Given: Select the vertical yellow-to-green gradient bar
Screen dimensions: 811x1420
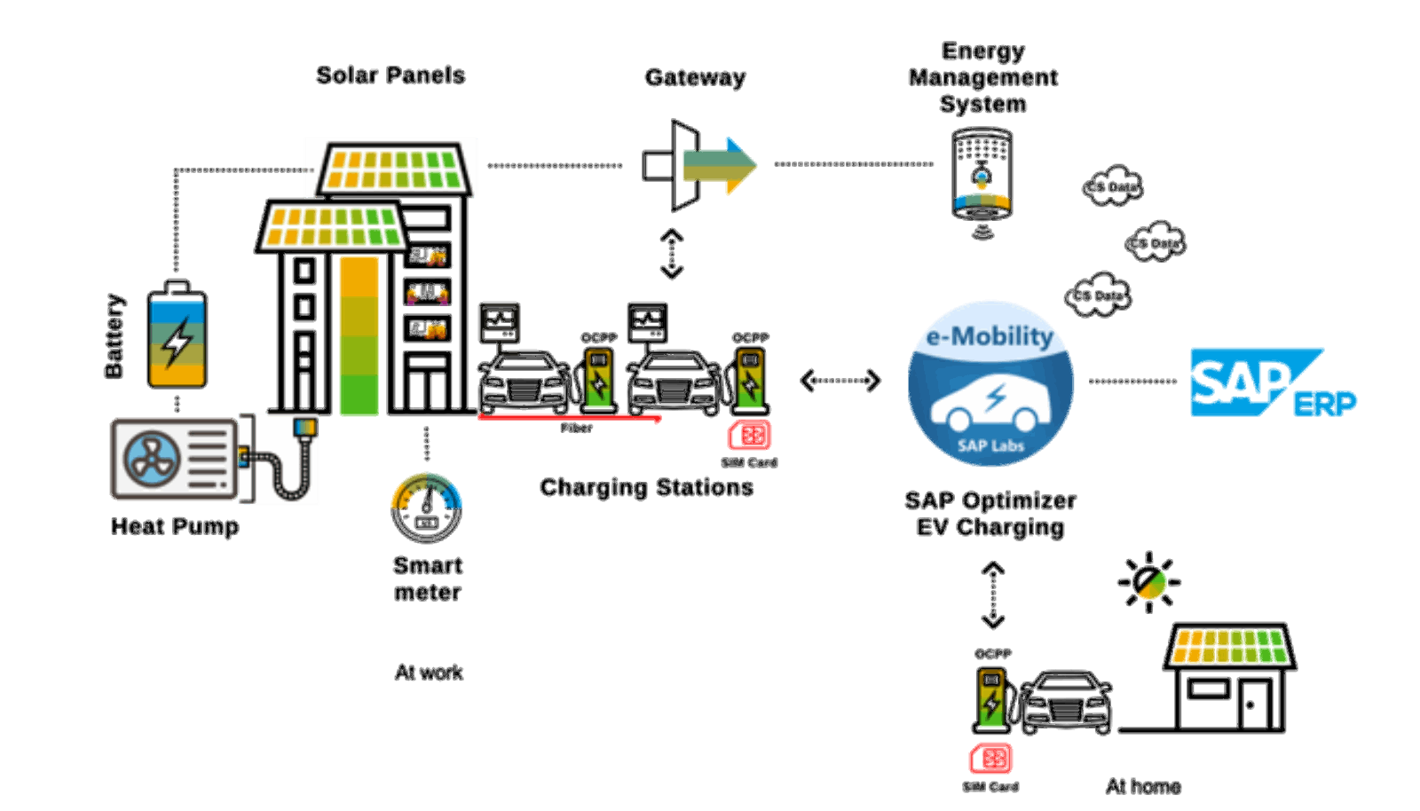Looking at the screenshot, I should point(359,335).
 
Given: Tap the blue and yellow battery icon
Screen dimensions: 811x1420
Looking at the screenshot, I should point(177,343).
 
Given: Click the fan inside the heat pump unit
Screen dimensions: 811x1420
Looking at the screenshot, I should point(152,459).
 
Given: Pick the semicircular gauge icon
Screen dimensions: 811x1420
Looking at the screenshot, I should point(426,492).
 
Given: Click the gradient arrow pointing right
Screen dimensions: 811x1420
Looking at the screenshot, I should point(719,166).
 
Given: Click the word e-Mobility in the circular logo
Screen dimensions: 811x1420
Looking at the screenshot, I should point(990,337).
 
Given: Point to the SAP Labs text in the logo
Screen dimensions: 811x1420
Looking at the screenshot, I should point(990,445).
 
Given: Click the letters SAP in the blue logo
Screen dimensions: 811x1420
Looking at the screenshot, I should point(1240,382).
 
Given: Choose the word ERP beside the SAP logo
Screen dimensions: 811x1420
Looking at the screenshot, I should point(1324,404).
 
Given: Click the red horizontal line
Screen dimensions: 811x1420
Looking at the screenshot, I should point(569,416).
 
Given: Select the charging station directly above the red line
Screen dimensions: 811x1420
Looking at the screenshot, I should point(598,378).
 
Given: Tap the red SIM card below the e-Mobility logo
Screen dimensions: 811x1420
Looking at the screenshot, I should point(990,759).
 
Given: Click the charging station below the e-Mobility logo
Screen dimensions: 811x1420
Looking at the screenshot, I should point(991,698).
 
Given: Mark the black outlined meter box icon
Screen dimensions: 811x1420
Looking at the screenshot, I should point(499,326).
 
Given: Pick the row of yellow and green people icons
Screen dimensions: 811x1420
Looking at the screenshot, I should point(1229,647).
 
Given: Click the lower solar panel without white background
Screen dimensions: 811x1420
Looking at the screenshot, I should point(333,226).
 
